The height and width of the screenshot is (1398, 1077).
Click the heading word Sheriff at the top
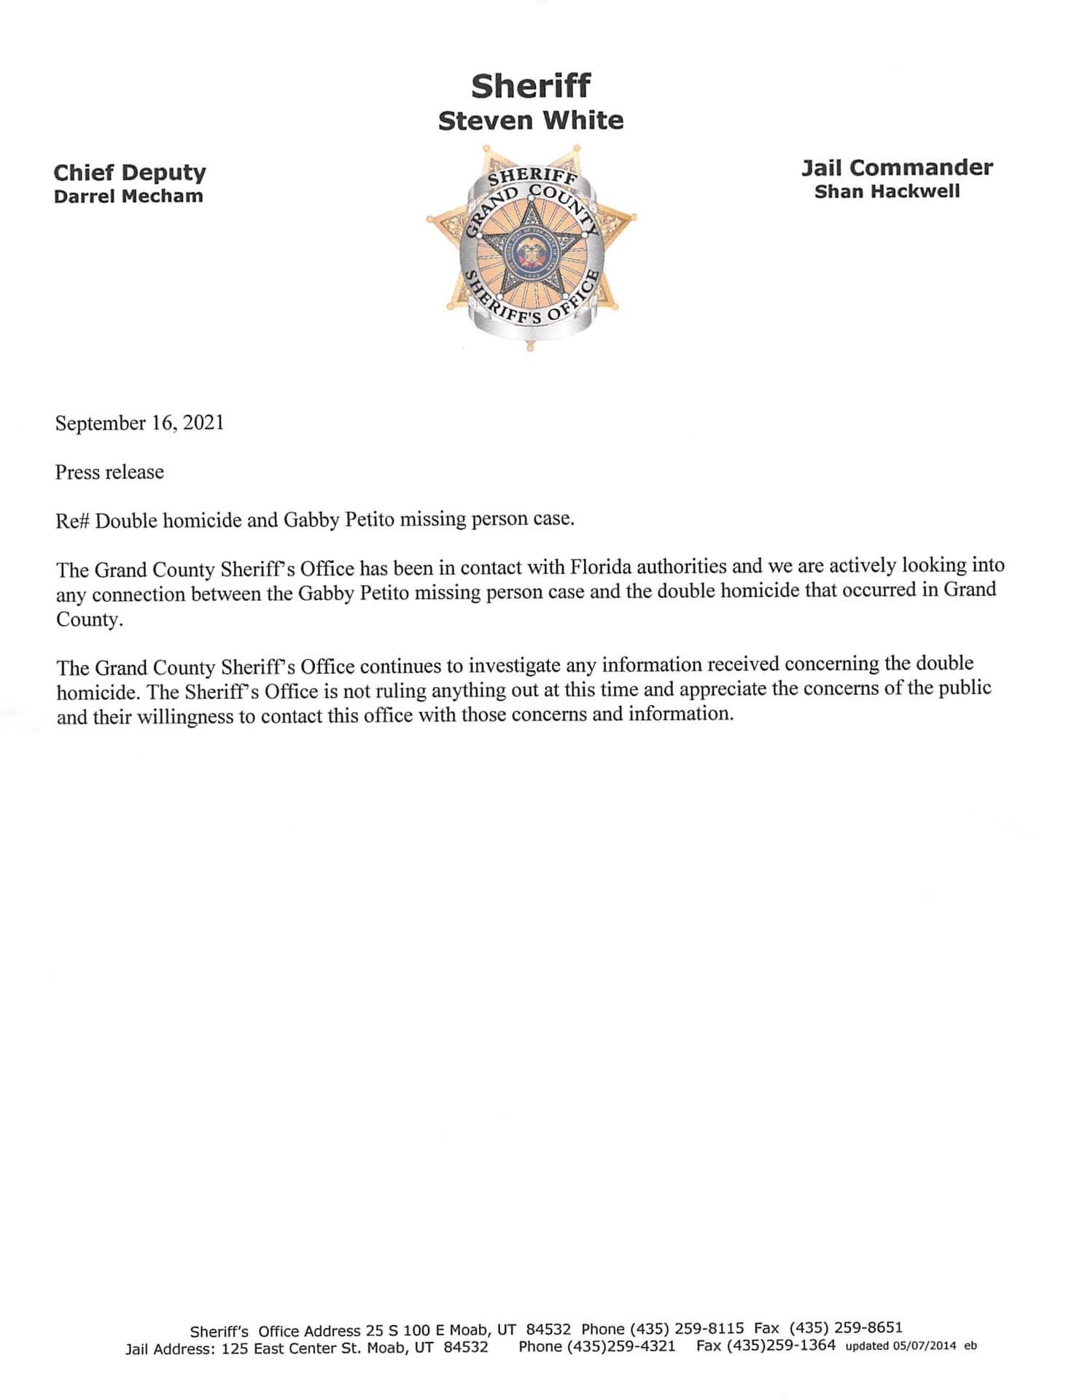click(x=530, y=86)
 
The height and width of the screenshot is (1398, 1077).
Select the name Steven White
click(x=530, y=120)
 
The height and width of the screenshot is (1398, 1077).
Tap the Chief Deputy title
click(x=130, y=173)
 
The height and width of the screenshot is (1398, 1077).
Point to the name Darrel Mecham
click(x=128, y=196)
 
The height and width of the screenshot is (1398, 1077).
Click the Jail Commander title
click(x=897, y=168)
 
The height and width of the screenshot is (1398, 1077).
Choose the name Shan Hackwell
click(x=887, y=192)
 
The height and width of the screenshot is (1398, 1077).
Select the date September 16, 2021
click(x=139, y=423)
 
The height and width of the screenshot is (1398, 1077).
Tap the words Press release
click(x=109, y=472)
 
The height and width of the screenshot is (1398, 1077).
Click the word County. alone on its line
click(x=88, y=620)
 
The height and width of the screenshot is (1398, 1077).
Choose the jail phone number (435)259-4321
click(x=621, y=1346)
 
